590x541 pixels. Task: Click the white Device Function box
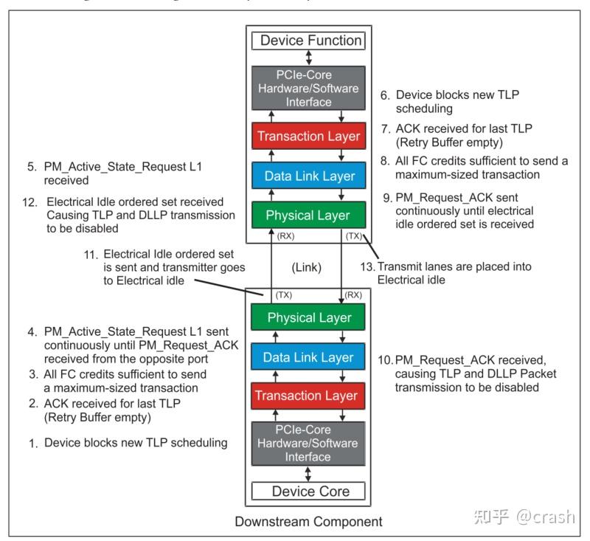(310, 41)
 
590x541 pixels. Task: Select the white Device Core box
(310, 491)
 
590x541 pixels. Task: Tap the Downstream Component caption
(308, 522)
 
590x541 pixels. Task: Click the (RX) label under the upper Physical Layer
(284, 237)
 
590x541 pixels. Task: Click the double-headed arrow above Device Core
(310, 473)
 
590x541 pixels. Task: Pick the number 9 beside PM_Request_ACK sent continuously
(383, 199)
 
